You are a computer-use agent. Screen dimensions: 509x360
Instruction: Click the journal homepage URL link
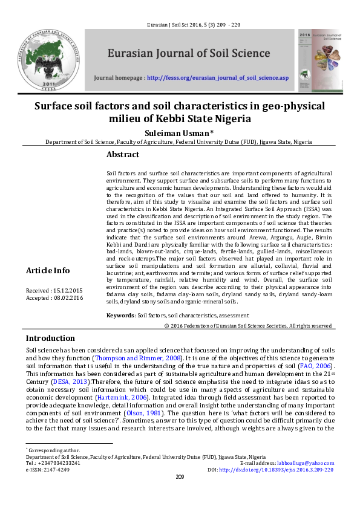(x=218, y=79)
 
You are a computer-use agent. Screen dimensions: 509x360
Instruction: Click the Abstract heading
(x=123, y=154)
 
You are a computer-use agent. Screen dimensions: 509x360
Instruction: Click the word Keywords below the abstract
(x=120, y=316)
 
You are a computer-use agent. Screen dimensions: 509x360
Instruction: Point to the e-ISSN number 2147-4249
(x=55, y=469)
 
